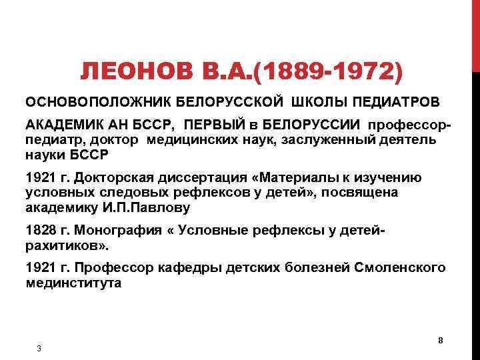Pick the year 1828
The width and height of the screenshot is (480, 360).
click(x=39, y=230)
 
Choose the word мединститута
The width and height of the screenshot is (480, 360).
click(x=73, y=283)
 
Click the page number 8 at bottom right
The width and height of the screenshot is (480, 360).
click(x=441, y=341)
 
